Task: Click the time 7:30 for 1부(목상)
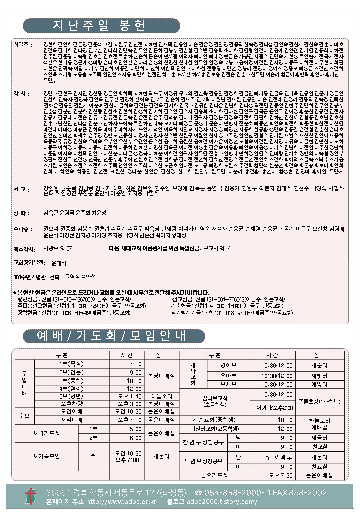135,363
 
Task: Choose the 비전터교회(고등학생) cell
214,429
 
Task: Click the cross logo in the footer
31,497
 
